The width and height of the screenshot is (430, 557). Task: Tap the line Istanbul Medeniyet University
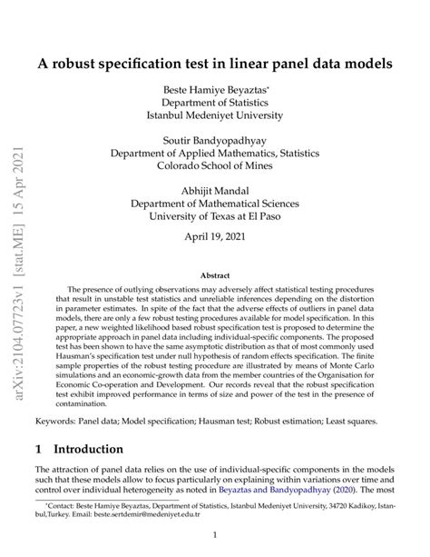pyautogui.click(x=214, y=116)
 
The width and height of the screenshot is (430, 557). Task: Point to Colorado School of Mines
pyautogui.click(x=214, y=167)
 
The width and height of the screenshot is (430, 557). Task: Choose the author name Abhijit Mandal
pyautogui.click(x=214, y=193)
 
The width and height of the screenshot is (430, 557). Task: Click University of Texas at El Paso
pyautogui.click(x=214, y=218)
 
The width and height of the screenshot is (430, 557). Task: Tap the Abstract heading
pyautogui.click(x=214, y=275)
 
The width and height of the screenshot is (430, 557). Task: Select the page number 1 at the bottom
pyautogui.click(x=214, y=536)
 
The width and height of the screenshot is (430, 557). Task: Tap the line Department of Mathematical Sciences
pyautogui.click(x=214, y=205)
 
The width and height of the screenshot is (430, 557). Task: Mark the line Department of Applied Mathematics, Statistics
pyautogui.click(x=214, y=154)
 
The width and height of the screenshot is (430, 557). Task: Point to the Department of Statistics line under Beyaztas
pyautogui.click(x=214, y=104)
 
